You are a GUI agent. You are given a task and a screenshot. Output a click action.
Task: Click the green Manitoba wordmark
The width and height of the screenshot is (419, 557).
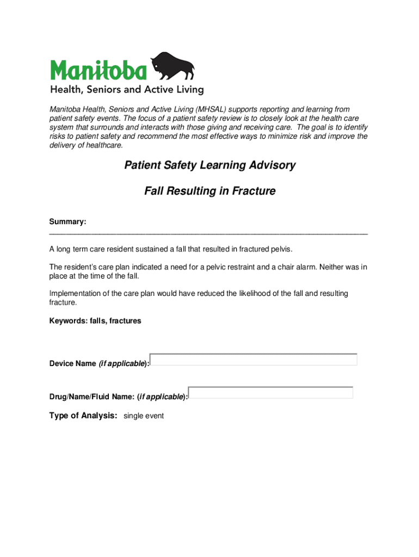pyautogui.click(x=98, y=70)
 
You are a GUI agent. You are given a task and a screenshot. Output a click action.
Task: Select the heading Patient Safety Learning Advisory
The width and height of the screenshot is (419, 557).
pyautogui.click(x=209, y=165)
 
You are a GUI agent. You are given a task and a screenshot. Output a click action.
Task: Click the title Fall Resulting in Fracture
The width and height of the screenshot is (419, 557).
pyautogui.click(x=209, y=191)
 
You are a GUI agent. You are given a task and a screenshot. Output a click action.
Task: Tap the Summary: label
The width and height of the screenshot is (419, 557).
pyautogui.click(x=67, y=222)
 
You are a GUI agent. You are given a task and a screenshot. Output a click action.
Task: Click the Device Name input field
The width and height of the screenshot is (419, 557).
pyautogui.click(x=254, y=360)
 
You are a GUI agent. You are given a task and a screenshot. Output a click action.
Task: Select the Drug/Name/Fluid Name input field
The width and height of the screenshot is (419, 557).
pyautogui.click(x=271, y=393)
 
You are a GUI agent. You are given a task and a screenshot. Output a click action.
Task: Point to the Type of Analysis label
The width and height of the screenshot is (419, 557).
pyautogui.click(x=83, y=416)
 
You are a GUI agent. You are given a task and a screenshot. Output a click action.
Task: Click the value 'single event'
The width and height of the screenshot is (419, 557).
pyautogui.click(x=144, y=416)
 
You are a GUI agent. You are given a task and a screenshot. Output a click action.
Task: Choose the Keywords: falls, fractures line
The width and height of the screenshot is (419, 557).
pyautogui.click(x=95, y=321)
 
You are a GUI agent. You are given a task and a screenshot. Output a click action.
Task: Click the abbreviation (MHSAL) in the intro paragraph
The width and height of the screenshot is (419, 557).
pyautogui.click(x=214, y=109)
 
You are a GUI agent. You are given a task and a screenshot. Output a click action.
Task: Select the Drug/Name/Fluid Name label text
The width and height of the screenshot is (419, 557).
pyautogui.click(x=92, y=397)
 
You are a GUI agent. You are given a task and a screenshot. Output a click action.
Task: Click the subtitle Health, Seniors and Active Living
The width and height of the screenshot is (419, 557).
pyautogui.click(x=127, y=89)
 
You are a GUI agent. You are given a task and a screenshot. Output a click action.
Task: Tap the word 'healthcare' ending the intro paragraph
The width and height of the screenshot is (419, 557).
pyautogui.click(x=103, y=145)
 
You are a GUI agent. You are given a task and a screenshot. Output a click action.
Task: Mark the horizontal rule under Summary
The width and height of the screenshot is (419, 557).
pyautogui.click(x=208, y=233)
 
